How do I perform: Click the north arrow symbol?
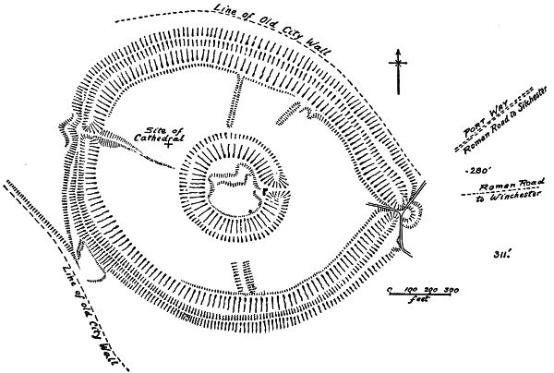pyautogui.click(x=398, y=70)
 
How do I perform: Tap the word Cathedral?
pyautogui.click(x=167, y=137)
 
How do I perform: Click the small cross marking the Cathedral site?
pyautogui.click(x=167, y=146)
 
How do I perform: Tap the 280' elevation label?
pyautogui.click(x=477, y=172)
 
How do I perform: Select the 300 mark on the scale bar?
pyautogui.click(x=452, y=290)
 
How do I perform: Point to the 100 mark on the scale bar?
pyautogui.click(x=411, y=290)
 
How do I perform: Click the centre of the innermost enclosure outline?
pyautogui.click(x=235, y=188)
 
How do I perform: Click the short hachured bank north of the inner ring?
pyautogui.click(x=235, y=102)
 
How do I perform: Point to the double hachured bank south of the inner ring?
pyautogui.click(x=242, y=276)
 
